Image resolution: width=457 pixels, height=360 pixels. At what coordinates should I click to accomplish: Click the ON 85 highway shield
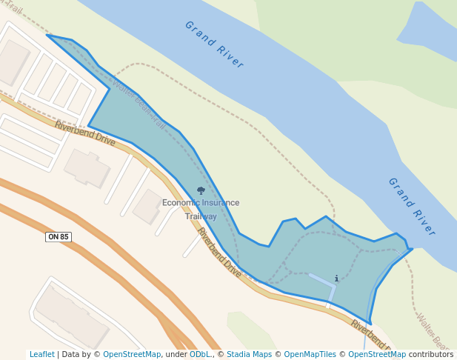pos(58,237)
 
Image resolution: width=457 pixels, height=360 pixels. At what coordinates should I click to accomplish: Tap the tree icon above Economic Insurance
pos(201,191)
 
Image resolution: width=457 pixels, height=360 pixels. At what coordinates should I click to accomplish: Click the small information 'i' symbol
pos(336,279)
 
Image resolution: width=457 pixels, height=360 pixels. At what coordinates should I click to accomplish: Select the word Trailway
pos(201,216)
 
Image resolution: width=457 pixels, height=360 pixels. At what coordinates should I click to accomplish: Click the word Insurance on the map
pos(221,203)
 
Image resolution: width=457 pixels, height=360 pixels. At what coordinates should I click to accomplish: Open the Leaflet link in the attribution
pos(42,355)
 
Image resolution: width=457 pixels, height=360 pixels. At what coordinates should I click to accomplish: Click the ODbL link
pos(200,355)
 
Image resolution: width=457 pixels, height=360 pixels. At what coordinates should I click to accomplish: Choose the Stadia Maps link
pos(250,355)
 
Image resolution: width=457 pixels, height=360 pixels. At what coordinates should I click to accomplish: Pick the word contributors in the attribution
pos(431,355)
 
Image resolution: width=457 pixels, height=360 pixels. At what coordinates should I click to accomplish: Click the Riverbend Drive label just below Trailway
pos(219,253)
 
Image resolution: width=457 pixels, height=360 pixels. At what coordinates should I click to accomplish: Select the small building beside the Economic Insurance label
pos(147,206)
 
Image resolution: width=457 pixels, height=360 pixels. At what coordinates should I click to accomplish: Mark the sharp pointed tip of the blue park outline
pos(48,35)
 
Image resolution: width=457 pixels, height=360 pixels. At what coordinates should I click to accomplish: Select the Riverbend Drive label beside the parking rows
pos(85,133)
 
